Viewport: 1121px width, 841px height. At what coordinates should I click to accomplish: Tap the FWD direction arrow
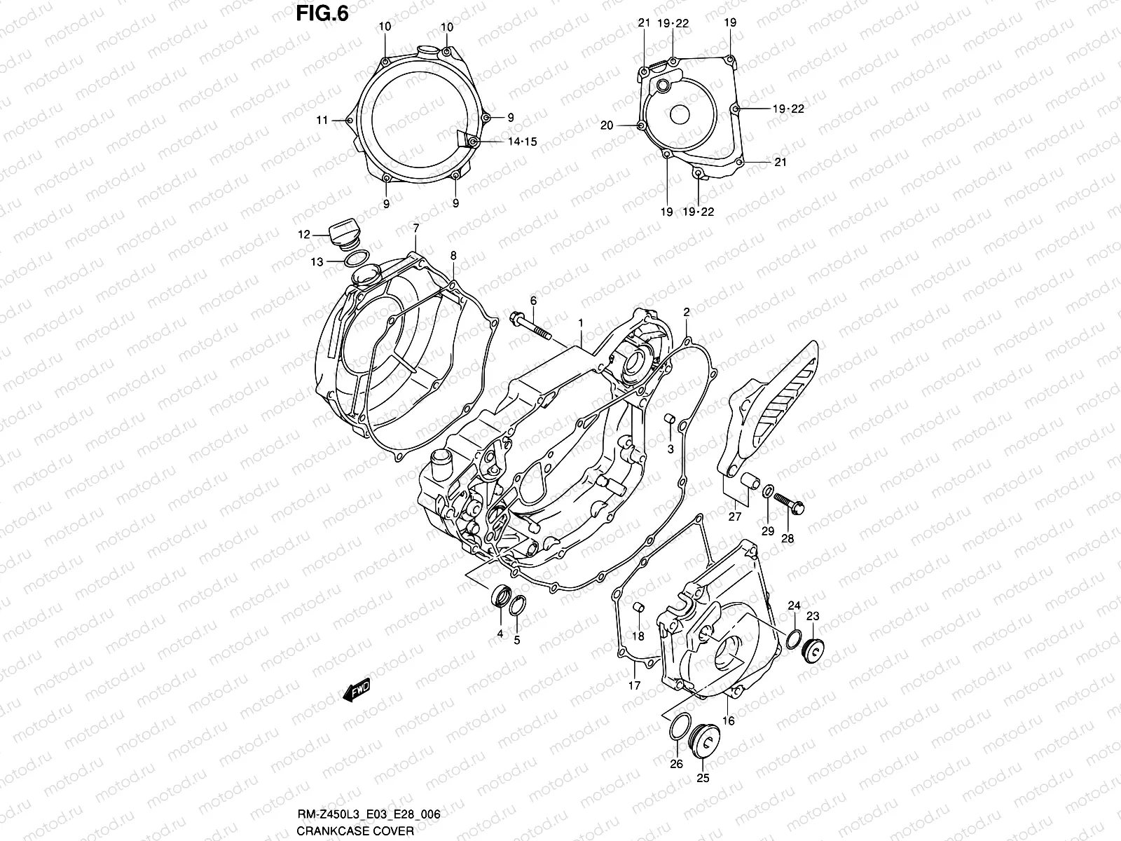pos(356,690)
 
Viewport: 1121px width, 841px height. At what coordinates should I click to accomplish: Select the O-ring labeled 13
pos(358,259)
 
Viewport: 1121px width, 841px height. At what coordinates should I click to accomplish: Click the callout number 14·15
pos(521,142)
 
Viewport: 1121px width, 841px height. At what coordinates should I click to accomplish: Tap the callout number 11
pos(322,121)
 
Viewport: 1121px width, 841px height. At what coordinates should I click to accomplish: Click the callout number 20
pos(607,125)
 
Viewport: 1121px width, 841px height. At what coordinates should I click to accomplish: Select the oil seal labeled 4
pos(500,595)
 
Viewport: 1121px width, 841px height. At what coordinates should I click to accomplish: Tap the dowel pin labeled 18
pos(638,606)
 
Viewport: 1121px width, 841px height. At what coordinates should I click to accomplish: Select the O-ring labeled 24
pos(795,638)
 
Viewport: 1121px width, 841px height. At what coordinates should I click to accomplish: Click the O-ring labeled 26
pos(677,728)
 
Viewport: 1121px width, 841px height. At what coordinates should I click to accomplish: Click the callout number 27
pos(734,517)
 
